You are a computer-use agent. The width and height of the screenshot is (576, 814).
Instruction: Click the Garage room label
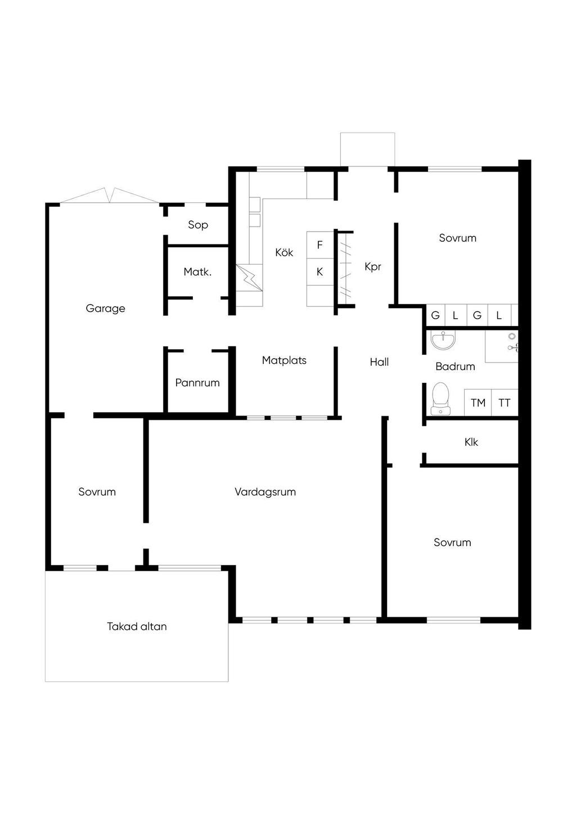105,309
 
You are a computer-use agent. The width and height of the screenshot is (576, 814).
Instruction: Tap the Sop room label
198,225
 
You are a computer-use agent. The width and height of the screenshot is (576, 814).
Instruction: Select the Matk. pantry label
197,272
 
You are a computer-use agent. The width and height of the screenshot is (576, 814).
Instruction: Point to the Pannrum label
197,383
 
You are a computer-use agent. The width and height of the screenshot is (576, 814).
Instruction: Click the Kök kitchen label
284,252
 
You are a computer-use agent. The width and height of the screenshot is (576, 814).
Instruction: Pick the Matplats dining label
284,360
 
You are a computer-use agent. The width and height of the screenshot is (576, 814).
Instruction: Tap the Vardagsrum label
265,492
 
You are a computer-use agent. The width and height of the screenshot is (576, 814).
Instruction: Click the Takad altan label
137,626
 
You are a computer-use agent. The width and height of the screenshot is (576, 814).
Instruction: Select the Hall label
379,362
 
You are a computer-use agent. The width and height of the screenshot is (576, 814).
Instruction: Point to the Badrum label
455,367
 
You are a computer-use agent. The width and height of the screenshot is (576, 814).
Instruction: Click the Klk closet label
471,442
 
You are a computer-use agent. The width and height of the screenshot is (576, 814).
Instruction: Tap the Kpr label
373,266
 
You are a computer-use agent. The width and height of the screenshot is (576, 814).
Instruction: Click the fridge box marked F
320,245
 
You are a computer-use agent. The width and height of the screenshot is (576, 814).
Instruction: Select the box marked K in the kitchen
320,272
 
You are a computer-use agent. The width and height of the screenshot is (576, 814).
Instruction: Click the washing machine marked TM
478,403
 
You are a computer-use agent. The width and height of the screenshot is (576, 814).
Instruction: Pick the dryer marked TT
505,403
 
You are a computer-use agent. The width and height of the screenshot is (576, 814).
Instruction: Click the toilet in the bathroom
441,399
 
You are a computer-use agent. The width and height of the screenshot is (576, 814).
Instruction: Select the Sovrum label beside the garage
97,492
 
